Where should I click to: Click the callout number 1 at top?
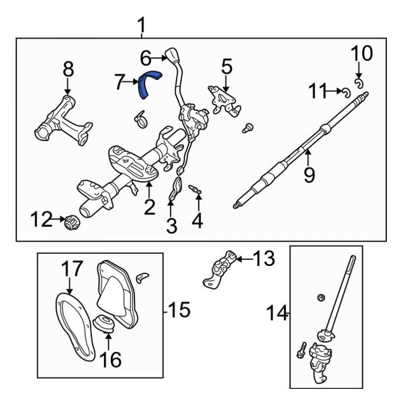point(141,26)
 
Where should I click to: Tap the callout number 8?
point(67,69)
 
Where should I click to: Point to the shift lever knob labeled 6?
point(172,56)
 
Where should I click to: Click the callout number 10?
point(361,52)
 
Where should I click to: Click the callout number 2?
point(149,206)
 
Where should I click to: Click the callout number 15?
point(179,310)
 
